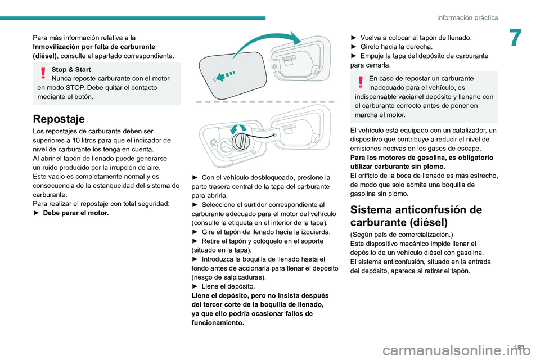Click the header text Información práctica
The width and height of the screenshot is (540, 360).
pos(467,17)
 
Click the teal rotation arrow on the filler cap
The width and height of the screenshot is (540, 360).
pos(239,130)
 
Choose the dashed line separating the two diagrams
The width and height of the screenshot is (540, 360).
pos(264,100)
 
